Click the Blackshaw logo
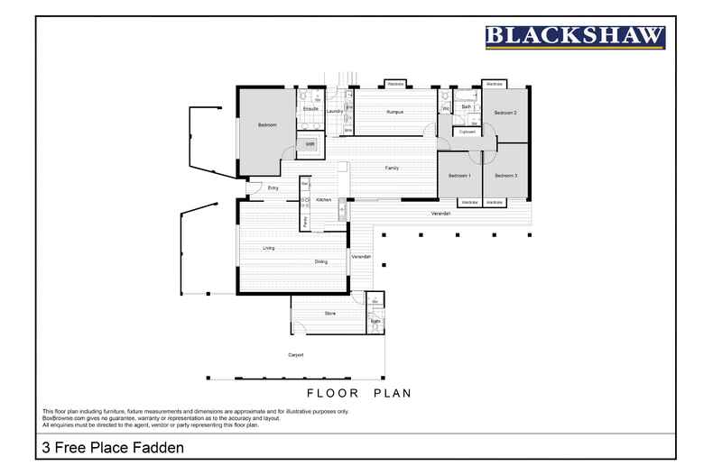(575, 36)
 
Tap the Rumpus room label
(394, 112)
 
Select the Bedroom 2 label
(505, 113)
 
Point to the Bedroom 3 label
(505, 175)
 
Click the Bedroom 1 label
(459, 175)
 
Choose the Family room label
(392, 168)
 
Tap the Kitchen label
(323, 199)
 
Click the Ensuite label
(310, 109)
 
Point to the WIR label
(310, 143)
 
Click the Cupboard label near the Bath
(467, 132)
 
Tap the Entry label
(273, 187)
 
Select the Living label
(268, 248)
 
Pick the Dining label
(320, 261)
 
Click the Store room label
(329, 314)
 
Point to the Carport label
(296, 355)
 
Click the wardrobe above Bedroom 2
(494, 84)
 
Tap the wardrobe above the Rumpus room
(394, 84)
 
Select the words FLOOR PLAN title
(359, 393)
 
